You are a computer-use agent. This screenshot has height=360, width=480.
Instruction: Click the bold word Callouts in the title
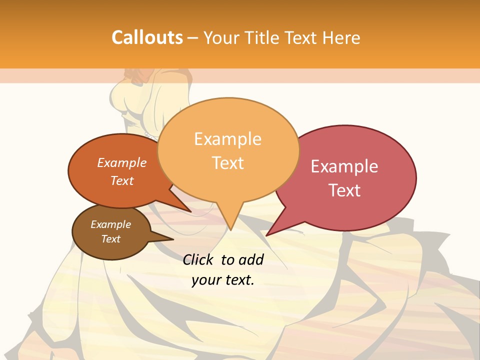pyautogui.click(x=147, y=37)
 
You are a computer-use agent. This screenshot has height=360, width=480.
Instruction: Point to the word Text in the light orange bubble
pyautogui.click(x=227, y=162)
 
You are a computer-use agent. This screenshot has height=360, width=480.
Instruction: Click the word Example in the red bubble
pyautogui.click(x=344, y=166)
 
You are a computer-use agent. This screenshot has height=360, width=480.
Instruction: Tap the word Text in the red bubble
pyautogui.click(x=344, y=190)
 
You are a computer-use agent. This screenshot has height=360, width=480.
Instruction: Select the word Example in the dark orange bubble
pyautogui.click(x=121, y=162)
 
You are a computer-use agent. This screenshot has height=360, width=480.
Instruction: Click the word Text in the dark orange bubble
pyautogui.click(x=121, y=180)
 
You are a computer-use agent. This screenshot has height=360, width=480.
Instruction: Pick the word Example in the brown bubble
pyautogui.click(x=110, y=224)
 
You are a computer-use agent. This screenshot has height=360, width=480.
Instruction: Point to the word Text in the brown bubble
pyautogui.click(x=110, y=239)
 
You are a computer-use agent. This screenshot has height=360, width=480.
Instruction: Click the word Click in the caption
pyautogui.click(x=199, y=259)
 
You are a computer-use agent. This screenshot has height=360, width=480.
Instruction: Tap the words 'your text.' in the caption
pyautogui.click(x=222, y=280)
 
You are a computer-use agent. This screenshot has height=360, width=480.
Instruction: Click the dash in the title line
pyautogui.click(x=193, y=37)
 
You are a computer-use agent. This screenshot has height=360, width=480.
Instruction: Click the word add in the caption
pyautogui.click(x=251, y=259)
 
